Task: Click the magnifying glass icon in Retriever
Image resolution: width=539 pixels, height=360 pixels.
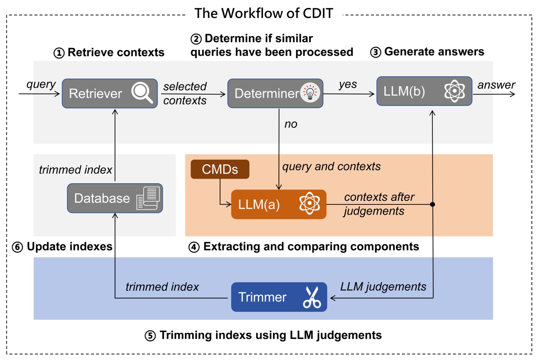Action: click(142, 93)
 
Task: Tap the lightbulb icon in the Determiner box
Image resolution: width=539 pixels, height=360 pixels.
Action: click(310, 93)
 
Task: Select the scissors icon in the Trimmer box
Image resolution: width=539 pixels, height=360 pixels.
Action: click(312, 297)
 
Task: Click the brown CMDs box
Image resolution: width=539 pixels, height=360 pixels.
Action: click(220, 169)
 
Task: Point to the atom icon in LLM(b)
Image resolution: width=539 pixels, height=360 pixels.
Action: click(454, 91)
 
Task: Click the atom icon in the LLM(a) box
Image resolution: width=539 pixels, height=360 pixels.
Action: click(309, 203)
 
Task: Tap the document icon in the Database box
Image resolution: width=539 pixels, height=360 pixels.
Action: click(148, 198)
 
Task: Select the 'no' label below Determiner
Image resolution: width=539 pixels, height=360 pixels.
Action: click(291, 124)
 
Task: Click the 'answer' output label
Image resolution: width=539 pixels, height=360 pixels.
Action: click(496, 85)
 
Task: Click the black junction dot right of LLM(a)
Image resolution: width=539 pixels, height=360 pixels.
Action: click(432, 204)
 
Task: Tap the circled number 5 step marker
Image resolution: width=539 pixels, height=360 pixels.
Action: click(150, 336)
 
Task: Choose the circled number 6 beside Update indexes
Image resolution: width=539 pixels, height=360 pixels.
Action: click(18, 247)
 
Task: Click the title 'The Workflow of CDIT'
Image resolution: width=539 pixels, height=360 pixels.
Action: click(264, 13)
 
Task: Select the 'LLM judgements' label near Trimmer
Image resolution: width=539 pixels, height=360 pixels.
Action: click(383, 287)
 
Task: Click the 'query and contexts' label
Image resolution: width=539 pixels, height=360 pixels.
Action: click(331, 167)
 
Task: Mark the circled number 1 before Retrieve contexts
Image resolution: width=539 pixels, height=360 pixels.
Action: click(59, 53)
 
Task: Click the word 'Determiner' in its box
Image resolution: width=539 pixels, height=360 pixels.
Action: click(267, 93)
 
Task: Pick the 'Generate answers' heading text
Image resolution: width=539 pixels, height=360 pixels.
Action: click(434, 52)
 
